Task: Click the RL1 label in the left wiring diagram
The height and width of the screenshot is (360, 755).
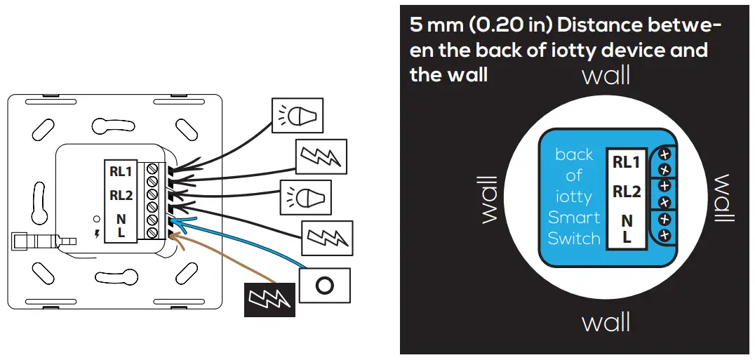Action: (121, 171)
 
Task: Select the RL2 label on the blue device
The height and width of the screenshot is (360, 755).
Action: (627, 191)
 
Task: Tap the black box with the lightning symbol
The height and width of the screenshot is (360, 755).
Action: (269, 300)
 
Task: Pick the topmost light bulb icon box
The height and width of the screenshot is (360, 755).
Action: (298, 115)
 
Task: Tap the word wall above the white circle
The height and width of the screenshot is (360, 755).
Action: (606, 75)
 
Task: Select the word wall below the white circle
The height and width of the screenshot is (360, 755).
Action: (606, 323)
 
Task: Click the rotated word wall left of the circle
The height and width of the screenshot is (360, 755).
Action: (489, 199)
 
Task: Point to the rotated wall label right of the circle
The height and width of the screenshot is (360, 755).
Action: (723, 199)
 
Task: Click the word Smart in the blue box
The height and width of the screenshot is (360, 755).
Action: (574, 218)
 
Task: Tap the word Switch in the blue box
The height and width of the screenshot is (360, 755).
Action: (574, 239)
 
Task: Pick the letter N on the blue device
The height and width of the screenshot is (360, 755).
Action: (627, 221)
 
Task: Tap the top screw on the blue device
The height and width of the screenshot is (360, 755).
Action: (664, 153)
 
